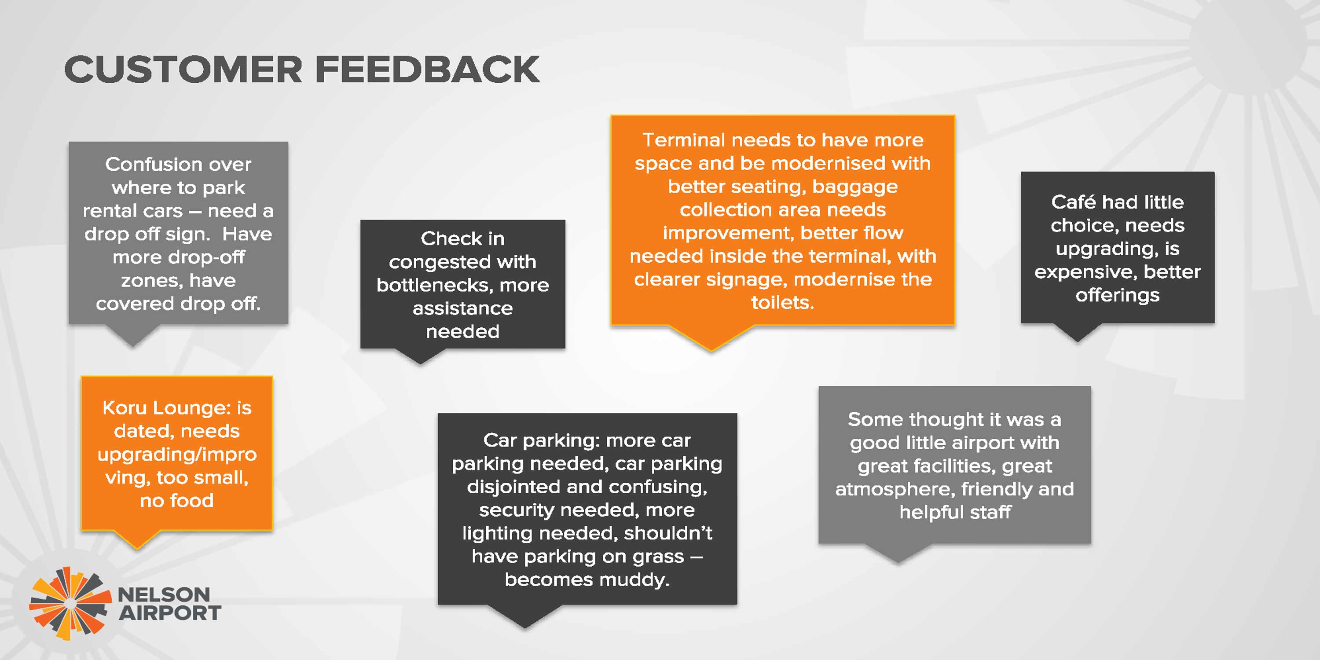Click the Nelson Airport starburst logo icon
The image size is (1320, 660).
pyautogui.click(x=70, y=604)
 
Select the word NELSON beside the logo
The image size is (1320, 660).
pyautogui.click(x=164, y=595)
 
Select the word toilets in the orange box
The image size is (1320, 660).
pyautogui.click(x=782, y=302)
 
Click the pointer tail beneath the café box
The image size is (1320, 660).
pyautogui.click(x=1077, y=332)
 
